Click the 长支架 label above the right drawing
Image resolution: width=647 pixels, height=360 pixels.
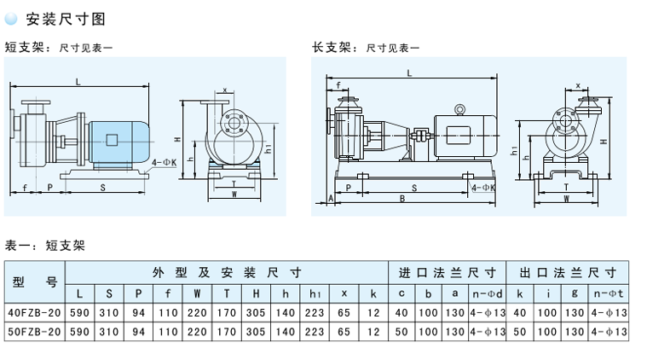tap(330, 48)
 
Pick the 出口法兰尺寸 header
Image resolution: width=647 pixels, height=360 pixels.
tap(565, 273)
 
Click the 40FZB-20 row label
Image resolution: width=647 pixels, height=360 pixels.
tap(35, 312)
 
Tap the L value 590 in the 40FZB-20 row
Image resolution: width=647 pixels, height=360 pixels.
tap(79, 312)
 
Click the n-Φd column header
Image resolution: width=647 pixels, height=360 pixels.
tap(487, 293)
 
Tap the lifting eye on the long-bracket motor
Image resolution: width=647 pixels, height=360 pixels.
tap(459, 109)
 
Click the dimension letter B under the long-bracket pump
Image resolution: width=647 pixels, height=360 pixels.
tap(402, 200)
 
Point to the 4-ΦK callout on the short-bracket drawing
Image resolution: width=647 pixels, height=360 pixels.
tap(162, 160)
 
